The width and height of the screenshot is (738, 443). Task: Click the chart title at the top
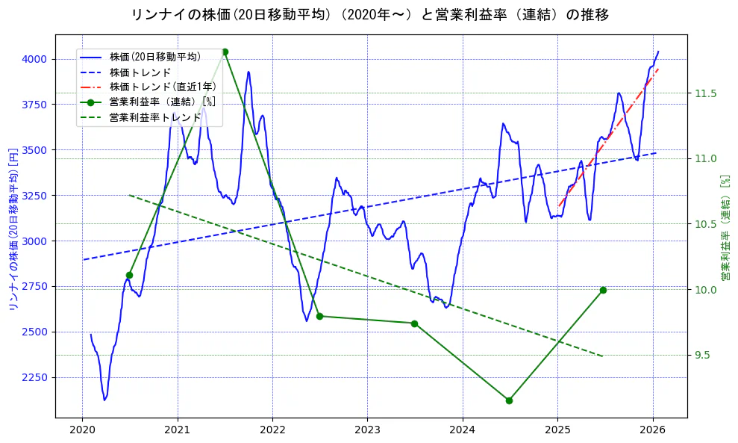(369, 14)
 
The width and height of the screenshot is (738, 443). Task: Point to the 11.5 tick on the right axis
(705, 93)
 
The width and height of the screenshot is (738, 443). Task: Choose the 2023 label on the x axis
(367, 430)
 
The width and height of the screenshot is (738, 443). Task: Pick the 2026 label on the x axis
(653, 430)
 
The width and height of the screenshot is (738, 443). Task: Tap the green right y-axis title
(725, 228)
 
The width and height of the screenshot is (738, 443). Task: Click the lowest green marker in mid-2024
(509, 400)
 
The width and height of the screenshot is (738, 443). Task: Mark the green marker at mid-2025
(603, 290)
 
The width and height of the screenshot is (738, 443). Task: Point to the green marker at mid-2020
(129, 275)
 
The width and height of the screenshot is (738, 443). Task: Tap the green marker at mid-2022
(319, 316)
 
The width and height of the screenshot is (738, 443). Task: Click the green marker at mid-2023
(414, 323)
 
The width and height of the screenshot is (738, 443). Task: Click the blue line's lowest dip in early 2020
(105, 399)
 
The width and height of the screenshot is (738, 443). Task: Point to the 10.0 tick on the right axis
(705, 290)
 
